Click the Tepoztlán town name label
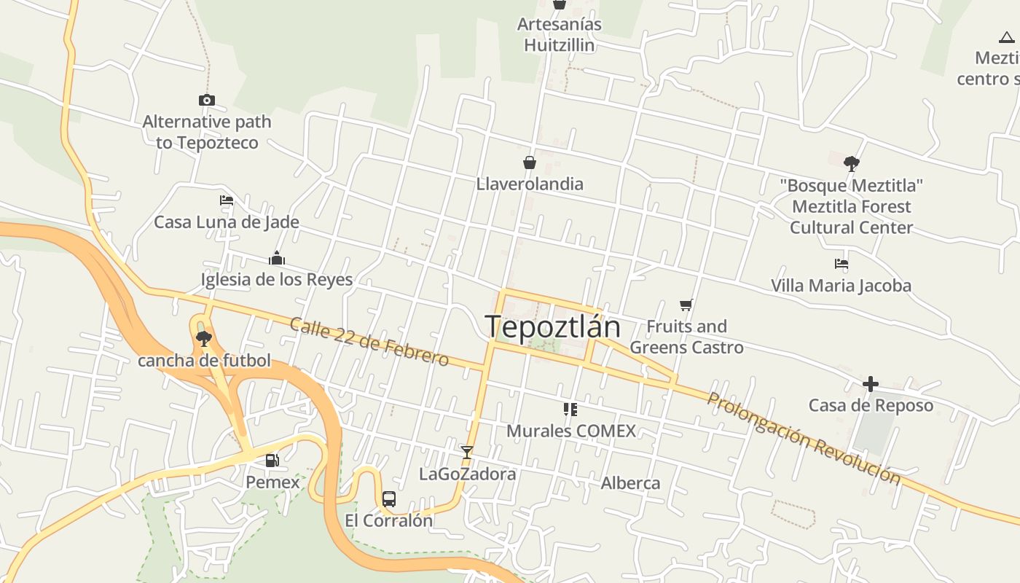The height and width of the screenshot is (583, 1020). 552,327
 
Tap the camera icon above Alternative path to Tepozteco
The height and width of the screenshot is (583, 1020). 207,101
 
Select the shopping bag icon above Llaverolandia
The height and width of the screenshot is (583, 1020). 530,163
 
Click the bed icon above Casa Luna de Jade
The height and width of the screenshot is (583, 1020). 227,200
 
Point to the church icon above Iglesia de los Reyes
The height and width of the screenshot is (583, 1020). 276,258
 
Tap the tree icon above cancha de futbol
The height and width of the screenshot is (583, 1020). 204,338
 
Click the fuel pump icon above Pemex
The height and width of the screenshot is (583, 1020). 272,460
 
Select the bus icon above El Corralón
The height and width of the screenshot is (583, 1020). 389,499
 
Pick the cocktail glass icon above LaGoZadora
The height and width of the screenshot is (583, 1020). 467,453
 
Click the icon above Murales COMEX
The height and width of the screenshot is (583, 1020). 570,410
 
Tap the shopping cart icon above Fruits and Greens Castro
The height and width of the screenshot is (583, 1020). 686,305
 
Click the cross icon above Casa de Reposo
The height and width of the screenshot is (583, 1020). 871,384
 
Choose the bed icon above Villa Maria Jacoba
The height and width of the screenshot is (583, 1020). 841,264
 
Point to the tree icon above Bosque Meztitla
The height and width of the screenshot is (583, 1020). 851,164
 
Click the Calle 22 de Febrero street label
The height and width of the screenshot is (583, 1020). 369,342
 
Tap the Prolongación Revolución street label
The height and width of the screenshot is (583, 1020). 804,438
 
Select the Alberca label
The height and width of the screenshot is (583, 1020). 630,483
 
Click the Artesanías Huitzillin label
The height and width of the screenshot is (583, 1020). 560,35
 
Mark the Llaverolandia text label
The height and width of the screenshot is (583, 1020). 530,184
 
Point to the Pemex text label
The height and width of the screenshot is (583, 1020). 272,482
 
